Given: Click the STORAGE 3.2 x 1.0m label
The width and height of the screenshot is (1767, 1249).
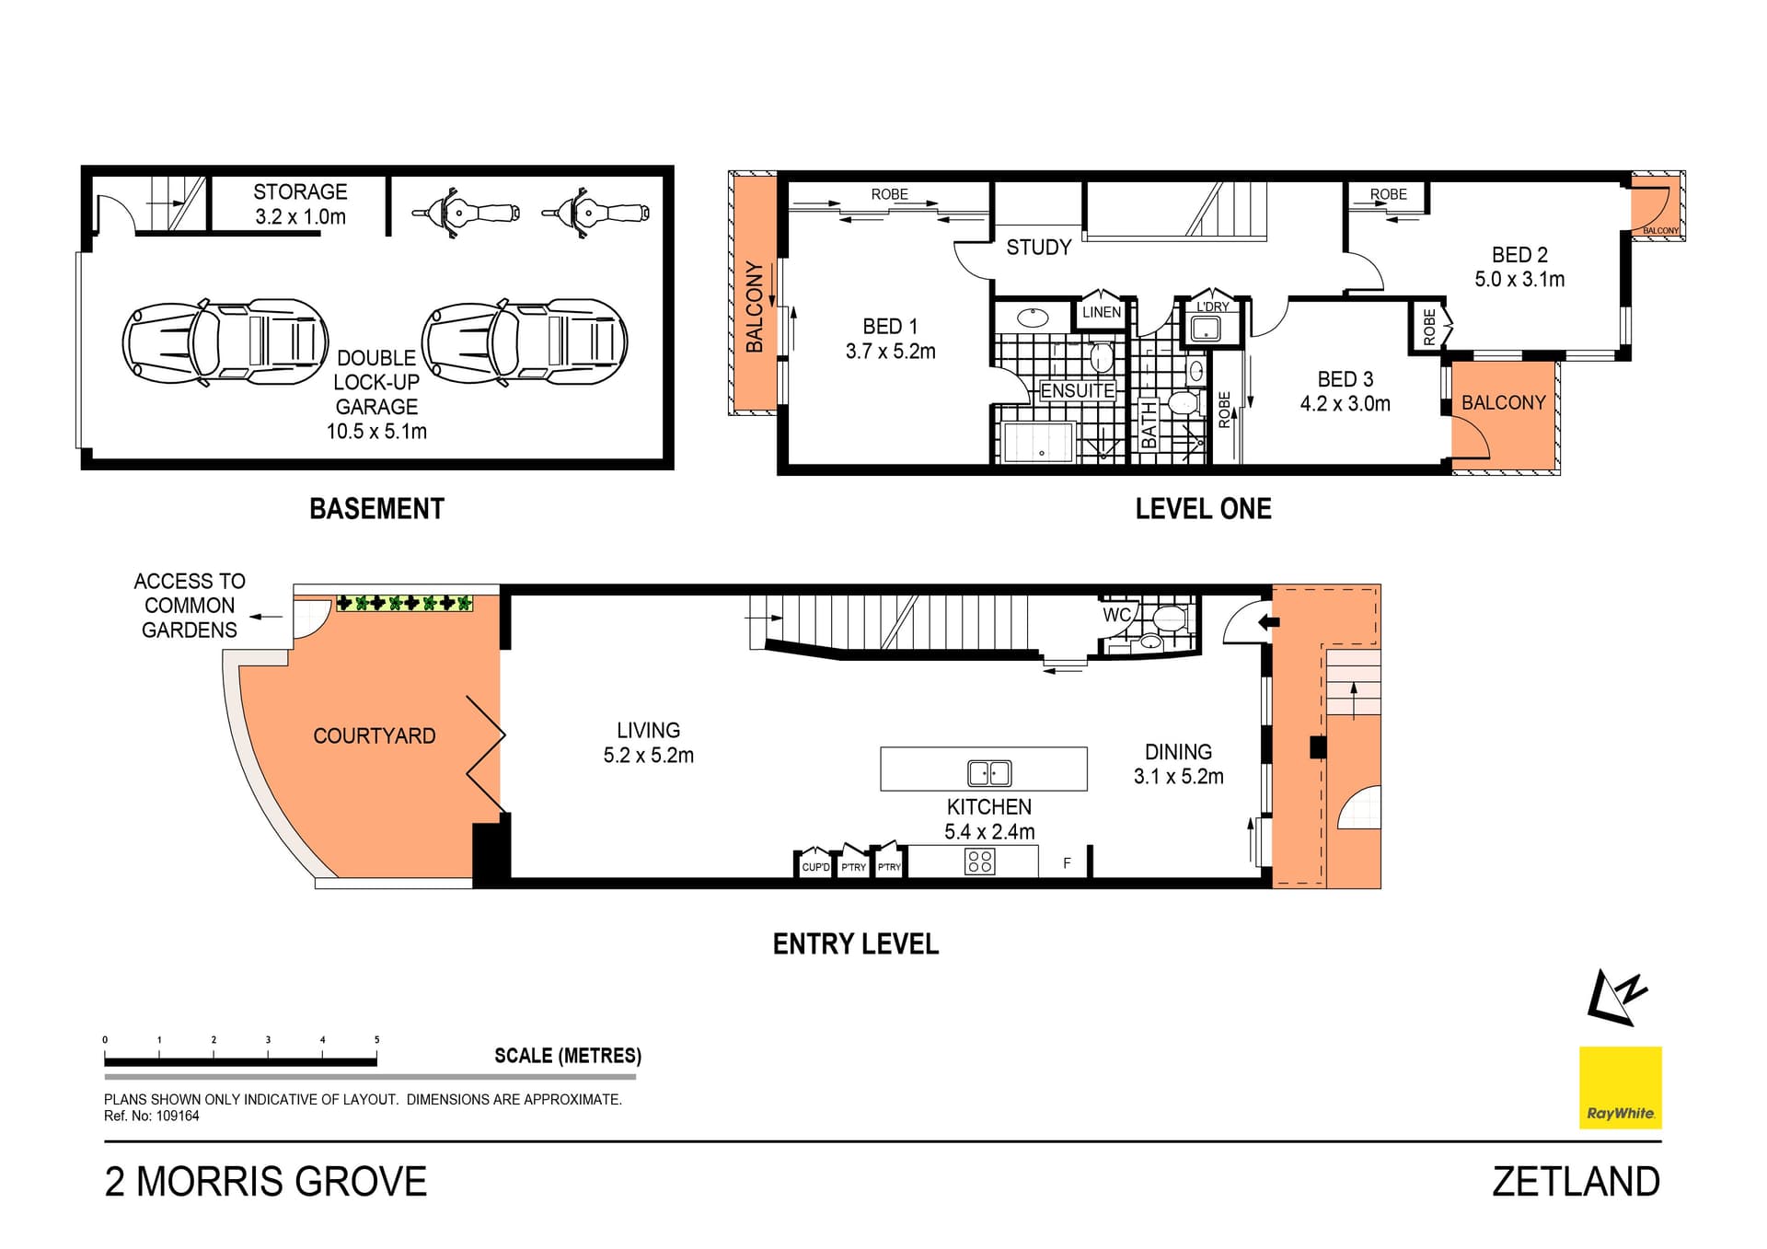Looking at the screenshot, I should coord(300,204).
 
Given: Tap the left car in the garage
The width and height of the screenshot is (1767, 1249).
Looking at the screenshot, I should coord(225,343).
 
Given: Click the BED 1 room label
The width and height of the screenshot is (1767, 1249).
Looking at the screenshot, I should coord(890,327).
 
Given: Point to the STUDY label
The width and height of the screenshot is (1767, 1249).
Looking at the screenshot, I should coord(1038,247).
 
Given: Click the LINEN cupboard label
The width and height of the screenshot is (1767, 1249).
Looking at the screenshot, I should coord(1101,312).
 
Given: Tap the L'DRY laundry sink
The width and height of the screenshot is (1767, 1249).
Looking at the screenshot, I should coord(1205,328).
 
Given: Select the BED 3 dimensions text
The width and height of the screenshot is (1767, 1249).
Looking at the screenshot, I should coord(1345,404).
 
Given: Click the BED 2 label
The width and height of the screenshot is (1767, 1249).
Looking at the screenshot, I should coord(1519,255).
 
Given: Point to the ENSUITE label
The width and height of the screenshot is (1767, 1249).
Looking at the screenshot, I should coord(1077,391).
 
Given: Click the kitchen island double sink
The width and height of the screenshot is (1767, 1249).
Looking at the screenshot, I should coord(989,772).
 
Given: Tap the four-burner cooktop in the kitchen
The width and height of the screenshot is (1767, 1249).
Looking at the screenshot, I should coord(980,862).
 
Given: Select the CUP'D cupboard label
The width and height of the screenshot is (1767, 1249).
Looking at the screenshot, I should coord(815,867).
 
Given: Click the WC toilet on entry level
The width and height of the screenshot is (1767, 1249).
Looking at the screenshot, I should coord(1170,617).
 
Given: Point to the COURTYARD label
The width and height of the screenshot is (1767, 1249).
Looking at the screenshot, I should coord(374,736).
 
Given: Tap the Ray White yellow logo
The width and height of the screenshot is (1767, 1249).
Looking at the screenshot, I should coord(1620,1087).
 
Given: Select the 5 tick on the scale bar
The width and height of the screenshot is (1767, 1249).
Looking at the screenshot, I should coord(376,1040).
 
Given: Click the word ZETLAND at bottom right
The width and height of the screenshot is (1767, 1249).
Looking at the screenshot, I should coord(1576,1182).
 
